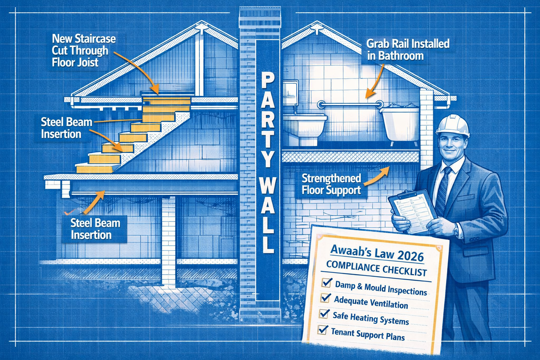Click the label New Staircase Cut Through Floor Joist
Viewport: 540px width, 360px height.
(x=84, y=50)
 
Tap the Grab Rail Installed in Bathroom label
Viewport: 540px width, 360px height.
(x=408, y=50)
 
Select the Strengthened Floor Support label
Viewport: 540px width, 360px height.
(x=331, y=184)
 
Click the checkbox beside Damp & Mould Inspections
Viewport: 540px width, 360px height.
(x=327, y=282)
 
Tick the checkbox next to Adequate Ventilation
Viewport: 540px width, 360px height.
(x=326, y=298)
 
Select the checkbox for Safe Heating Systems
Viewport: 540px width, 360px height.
(x=324, y=313)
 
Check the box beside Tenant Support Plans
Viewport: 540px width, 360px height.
(x=322, y=329)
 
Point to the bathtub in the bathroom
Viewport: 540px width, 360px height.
(x=400, y=123)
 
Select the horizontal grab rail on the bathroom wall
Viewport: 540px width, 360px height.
(x=350, y=104)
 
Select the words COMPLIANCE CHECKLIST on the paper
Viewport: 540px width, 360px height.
(x=376, y=269)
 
